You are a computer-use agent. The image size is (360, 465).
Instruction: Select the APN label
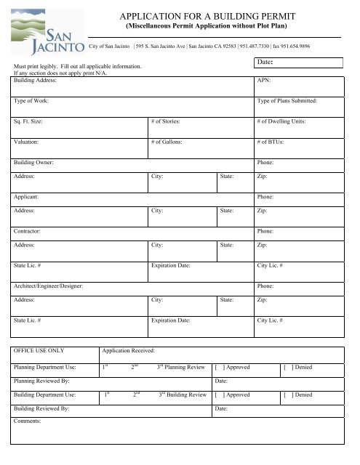tap(265, 81)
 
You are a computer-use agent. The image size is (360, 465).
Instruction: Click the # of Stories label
tap(166, 121)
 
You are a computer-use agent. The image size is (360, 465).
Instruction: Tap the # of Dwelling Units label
tap(281, 121)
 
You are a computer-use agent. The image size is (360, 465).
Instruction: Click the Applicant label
tap(27, 196)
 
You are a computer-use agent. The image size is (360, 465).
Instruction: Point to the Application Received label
tap(133, 349)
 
